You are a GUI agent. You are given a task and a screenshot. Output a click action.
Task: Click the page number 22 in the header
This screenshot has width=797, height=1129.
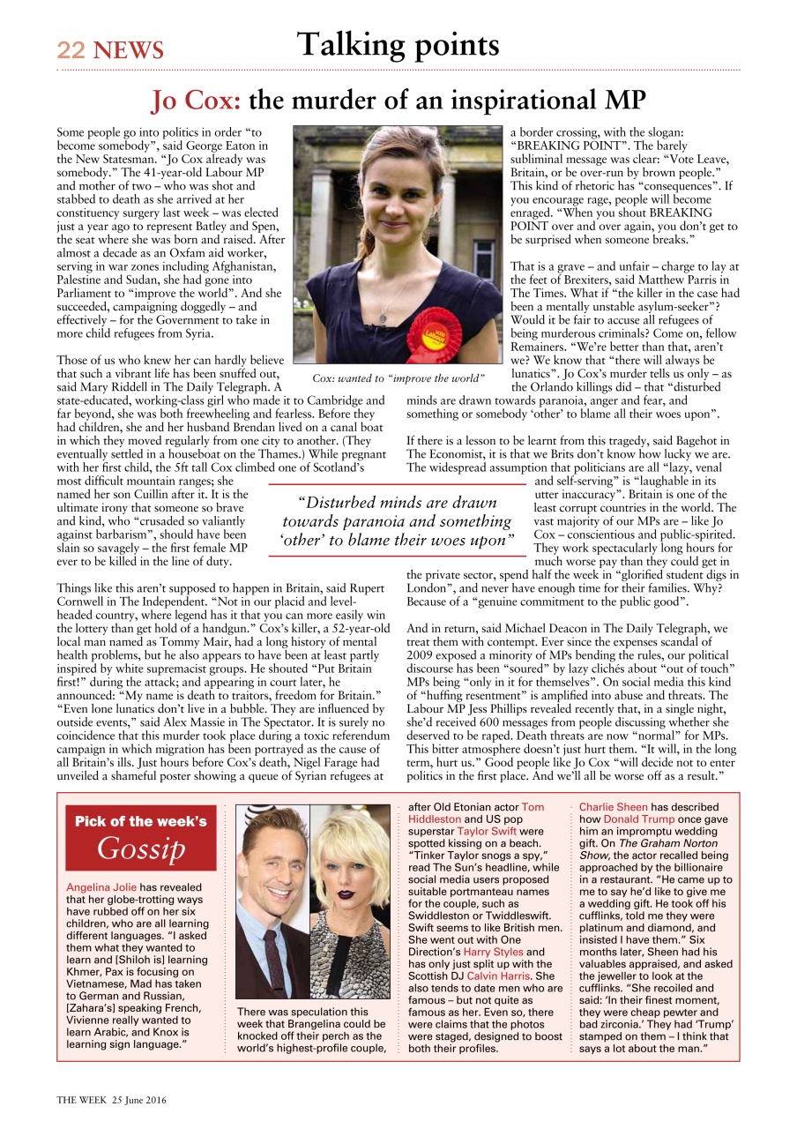click(x=71, y=50)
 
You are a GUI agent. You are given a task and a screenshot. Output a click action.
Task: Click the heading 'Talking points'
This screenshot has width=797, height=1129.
click(x=398, y=45)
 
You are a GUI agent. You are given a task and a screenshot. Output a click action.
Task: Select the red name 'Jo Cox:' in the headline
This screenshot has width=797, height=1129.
click(x=196, y=101)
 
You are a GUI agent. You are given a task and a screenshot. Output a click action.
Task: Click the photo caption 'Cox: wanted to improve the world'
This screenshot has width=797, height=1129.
click(x=398, y=378)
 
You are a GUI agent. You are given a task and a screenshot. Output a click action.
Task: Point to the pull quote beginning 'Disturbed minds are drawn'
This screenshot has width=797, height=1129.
click(x=398, y=521)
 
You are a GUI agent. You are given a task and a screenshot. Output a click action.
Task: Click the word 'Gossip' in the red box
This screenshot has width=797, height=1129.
click(x=141, y=849)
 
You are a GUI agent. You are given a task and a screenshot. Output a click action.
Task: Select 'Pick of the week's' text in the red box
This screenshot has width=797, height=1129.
click(x=141, y=821)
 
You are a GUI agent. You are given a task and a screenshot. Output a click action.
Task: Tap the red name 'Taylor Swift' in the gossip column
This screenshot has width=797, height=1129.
click(x=486, y=831)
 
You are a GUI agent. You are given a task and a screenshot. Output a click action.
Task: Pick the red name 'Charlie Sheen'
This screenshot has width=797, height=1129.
click(x=614, y=806)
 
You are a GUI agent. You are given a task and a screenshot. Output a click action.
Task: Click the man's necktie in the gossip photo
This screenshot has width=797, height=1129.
click(x=277, y=961)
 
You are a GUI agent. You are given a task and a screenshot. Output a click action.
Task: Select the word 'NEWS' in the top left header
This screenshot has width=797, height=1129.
click(x=129, y=50)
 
